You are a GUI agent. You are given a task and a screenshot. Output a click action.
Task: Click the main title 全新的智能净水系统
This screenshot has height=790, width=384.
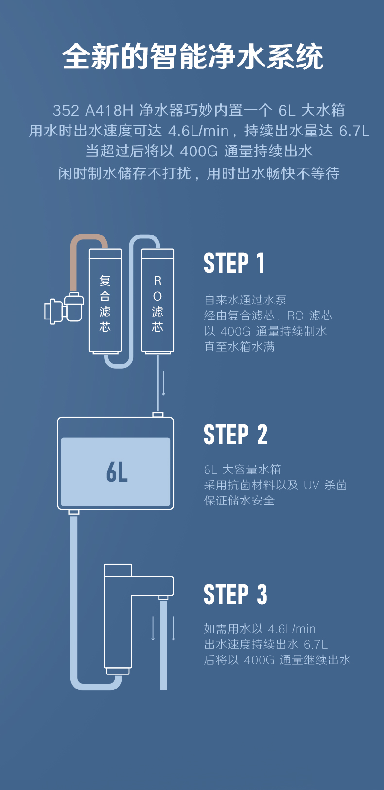192,57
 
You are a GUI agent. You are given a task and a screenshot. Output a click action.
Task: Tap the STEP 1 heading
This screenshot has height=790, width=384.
234,264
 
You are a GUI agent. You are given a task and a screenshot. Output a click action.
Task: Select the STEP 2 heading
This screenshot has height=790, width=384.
235,435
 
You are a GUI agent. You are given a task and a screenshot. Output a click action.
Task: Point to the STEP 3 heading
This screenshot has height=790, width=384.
235,594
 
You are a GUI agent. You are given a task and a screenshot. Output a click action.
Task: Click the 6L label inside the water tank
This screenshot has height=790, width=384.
117,472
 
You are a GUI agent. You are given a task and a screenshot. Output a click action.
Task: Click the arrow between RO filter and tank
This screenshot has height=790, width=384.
164,384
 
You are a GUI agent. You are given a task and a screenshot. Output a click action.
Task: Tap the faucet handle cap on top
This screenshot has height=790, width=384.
118,570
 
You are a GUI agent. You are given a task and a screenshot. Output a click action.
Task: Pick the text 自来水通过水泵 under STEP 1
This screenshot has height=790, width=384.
245,300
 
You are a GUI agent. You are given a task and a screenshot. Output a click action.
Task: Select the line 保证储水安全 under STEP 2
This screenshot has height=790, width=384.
239,501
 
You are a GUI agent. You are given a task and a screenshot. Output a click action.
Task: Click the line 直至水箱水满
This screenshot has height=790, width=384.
239,347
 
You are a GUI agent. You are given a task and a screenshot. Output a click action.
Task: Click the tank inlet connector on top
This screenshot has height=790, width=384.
157,415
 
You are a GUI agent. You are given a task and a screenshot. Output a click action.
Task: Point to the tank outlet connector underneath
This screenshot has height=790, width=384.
74,512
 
